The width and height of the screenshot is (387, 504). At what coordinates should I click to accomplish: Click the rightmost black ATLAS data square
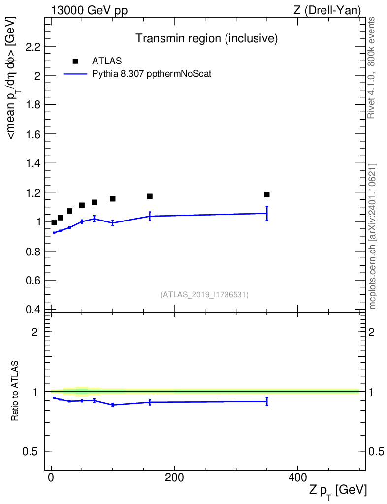(267, 194)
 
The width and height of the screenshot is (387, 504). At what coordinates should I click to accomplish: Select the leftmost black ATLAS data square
(54, 222)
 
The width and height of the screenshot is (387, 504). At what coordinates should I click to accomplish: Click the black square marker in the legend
(75, 61)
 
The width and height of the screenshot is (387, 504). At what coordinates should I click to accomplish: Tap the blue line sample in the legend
(75, 74)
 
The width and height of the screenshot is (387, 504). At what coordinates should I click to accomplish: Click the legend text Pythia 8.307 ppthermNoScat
(152, 74)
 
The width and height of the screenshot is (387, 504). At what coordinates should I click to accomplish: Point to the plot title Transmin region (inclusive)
(206, 38)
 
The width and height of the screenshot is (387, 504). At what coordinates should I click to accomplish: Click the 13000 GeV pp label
(89, 10)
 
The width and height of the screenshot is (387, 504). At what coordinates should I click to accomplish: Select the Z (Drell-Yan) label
(327, 11)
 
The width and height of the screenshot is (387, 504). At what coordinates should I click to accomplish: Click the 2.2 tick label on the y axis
(33, 47)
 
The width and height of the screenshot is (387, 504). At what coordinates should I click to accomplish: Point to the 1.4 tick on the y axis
(33, 163)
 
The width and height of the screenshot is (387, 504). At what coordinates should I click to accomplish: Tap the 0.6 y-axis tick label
(33, 280)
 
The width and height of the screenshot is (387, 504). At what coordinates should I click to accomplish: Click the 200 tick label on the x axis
(174, 477)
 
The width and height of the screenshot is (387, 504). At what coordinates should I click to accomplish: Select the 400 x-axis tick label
(298, 477)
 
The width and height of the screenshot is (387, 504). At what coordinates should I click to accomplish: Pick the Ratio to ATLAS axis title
(14, 391)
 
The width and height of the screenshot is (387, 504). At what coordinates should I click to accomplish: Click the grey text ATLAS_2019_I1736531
(204, 294)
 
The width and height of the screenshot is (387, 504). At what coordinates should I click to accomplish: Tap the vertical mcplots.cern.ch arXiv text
(372, 237)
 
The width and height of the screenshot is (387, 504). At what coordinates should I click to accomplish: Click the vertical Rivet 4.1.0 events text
(371, 68)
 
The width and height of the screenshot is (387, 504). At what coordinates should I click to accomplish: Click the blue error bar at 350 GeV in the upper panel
(267, 213)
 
